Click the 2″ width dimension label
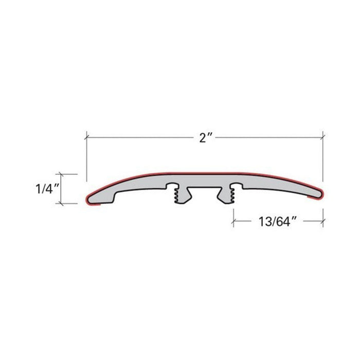click(204, 138)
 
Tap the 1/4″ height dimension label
click(47, 189)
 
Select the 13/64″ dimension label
click(277, 221)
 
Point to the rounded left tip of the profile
click(88, 200)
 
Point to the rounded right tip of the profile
click(321, 194)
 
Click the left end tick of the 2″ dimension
click(86, 138)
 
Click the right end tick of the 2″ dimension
click(323, 138)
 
